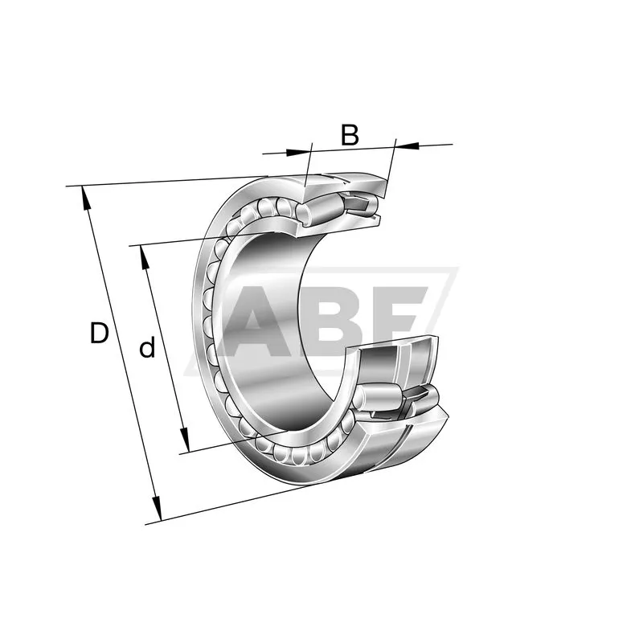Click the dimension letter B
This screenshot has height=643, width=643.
(350, 134)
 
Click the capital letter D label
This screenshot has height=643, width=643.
(99, 333)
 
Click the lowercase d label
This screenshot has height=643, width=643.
(148, 348)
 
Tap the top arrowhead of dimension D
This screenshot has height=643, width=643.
(85, 197)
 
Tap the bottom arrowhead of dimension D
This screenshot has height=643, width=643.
(157, 509)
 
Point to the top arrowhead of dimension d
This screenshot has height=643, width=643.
(144, 257)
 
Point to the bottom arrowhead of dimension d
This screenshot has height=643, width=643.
(185, 440)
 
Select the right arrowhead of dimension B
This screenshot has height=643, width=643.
(408, 145)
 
